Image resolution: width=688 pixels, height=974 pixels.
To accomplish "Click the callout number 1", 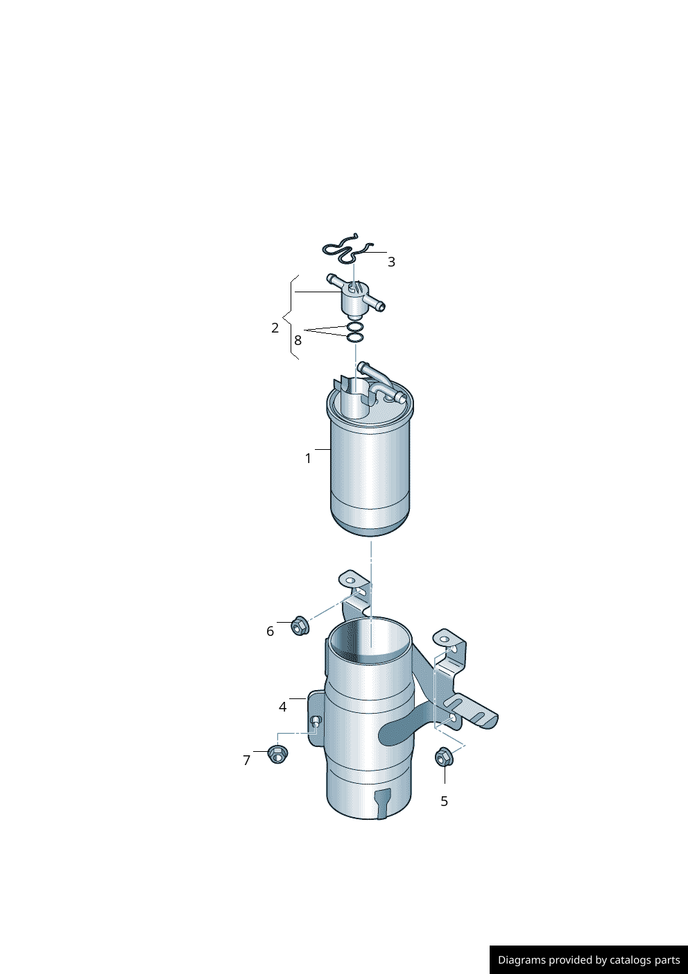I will coord(308,458).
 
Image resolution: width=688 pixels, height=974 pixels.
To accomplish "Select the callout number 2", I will coord(275,328).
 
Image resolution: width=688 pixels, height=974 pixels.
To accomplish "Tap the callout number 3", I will coord(391,262).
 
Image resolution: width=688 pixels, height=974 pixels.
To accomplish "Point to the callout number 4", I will coord(282,707).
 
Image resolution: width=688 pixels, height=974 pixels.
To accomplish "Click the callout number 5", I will coord(444,801).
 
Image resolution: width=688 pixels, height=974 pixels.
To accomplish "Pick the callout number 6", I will coord(270,631).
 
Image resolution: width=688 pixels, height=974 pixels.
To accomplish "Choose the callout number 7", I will coord(246,760).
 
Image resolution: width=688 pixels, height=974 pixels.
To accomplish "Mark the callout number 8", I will coord(298,340).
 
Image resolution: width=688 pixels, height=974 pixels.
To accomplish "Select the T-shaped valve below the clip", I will coord(355,296).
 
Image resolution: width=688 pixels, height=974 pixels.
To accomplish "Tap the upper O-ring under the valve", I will coord(354,327).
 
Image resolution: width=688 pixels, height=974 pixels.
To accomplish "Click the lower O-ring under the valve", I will coord(354,337).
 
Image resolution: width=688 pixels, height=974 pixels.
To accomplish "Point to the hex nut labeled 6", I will coord(300,625).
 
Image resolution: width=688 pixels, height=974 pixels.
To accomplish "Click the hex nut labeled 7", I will coord(277,753).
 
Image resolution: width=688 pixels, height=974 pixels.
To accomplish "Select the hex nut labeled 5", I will coord(444,757).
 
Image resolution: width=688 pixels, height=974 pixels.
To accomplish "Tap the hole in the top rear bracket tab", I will coord(350,580).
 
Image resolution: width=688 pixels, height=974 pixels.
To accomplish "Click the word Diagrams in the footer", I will coord(522,960).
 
